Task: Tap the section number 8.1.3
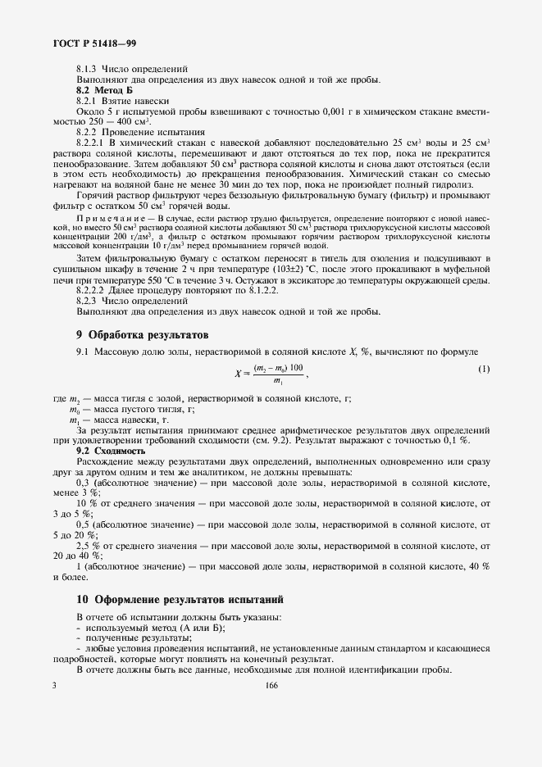[86, 69]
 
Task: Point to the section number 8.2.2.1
[93, 142]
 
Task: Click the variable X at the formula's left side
[237, 373]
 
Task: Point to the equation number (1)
[484, 369]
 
